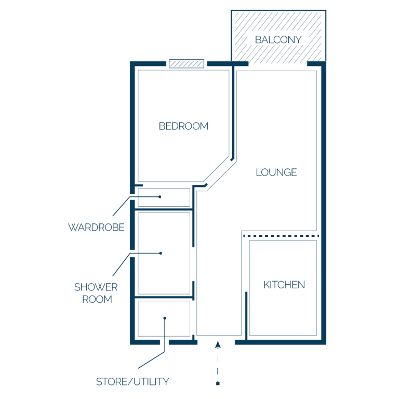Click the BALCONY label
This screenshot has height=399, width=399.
pos(278,39)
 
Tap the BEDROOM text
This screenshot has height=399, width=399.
pos(183,126)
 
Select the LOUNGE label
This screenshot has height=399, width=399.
pos(276,172)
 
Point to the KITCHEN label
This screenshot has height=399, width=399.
pos(284,285)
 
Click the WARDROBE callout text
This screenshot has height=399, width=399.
pos(96,228)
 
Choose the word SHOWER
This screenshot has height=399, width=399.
pos(96,287)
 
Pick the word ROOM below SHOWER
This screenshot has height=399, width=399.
pos(97,299)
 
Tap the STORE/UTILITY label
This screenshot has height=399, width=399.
pos(132,382)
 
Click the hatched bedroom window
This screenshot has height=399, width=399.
pos(187,63)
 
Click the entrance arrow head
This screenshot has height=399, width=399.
pos(218,345)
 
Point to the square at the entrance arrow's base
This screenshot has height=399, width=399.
pos(218,383)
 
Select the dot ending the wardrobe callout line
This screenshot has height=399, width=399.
pos(160,197)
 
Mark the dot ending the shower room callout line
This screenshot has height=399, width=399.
pos(161,253)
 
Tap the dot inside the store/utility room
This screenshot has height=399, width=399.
pos(165,318)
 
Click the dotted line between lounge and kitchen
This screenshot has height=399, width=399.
pos(281,236)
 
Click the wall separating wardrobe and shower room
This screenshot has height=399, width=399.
pos(163,209)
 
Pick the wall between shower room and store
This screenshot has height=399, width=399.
pos(163,297)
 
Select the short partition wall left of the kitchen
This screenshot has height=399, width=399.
pos(246,315)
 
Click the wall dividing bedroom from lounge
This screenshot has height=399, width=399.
pos(233,112)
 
